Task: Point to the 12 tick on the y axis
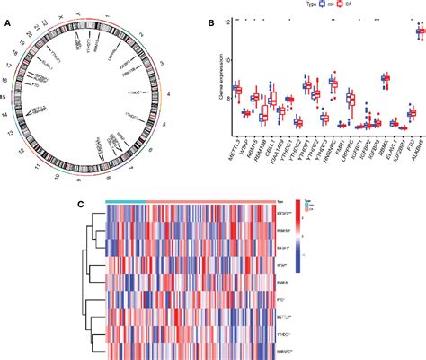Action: [x=228, y=21]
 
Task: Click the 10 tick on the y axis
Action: [x=228, y=59]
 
